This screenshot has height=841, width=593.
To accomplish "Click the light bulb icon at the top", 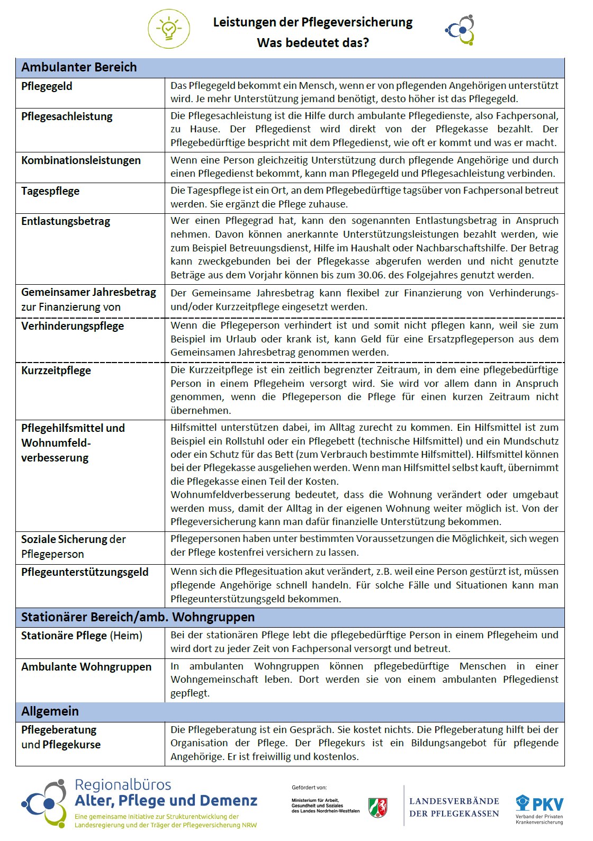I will (169, 29).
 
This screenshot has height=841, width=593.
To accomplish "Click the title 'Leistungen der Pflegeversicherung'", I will (312, 22).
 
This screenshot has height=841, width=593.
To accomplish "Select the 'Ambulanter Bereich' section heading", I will (79, 67).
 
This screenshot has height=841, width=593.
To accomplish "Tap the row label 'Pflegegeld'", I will (47, 86).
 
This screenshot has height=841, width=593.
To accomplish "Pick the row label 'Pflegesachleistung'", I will (67, 116).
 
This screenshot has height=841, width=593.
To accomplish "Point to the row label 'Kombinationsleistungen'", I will (81, 160).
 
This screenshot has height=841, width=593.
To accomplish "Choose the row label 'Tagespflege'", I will (50, 191).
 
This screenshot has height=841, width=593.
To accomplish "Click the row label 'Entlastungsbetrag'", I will (66, 221).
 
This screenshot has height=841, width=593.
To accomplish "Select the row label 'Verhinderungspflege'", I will (73, 326).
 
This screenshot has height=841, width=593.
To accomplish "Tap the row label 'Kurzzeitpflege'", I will (56, 370).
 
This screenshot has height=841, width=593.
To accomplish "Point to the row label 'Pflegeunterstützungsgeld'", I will (85, 572).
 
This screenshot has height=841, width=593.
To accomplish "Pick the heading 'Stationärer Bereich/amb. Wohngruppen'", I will (138, 617).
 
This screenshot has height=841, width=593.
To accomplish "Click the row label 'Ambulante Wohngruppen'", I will (86, 667).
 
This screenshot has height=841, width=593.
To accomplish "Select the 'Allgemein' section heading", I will (50, 711).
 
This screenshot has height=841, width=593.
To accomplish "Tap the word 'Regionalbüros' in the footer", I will (123, 784).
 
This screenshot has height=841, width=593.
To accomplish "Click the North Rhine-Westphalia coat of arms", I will (378, 808).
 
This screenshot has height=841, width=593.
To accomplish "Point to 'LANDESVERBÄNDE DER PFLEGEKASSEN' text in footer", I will (454, 808).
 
